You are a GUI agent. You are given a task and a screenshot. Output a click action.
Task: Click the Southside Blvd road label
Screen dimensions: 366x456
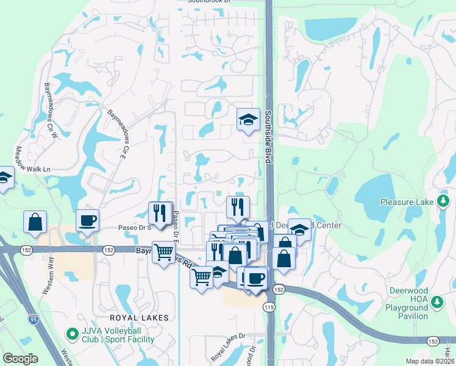(267, 136)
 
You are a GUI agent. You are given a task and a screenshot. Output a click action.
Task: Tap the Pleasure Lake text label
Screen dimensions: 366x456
(407, 202)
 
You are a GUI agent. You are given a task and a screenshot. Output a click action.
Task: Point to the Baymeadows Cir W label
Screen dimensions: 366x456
(49, 107)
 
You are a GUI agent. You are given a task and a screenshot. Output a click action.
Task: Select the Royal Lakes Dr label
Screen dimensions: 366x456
(227, 345)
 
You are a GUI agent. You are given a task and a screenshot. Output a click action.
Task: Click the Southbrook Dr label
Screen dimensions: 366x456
(210, 2)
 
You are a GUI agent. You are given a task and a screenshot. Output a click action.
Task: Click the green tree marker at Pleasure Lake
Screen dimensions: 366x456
(443, 201)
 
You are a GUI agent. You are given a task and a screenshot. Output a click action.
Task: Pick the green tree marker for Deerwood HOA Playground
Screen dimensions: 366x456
(436, 301)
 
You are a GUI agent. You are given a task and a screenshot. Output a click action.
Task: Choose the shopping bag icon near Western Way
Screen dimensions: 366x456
(35, 223)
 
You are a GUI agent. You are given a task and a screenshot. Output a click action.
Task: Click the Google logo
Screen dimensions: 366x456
(20, 359)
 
